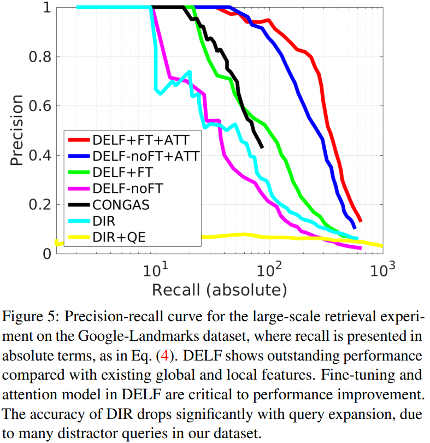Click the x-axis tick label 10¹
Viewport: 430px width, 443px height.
coord(157,270)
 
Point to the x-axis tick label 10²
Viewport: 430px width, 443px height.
coord(269,270)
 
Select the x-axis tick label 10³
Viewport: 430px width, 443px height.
coord(382,270)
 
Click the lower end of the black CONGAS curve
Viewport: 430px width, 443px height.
coord(262,146)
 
